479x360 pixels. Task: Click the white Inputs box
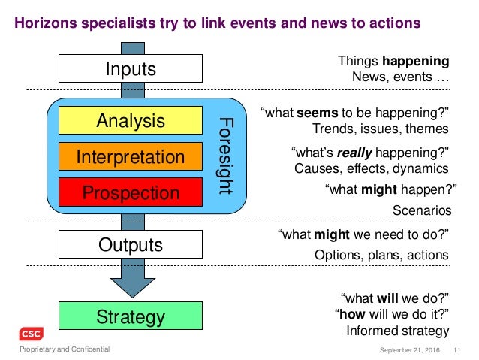131,70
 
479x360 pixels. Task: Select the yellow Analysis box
131,120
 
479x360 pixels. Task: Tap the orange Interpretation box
131,156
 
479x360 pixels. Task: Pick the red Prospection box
131,192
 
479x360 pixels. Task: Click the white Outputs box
131,244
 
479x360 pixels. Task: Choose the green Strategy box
131,316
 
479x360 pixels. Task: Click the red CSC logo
32,334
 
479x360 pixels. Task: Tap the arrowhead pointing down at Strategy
131,285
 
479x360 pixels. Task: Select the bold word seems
318,113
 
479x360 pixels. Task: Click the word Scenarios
422,211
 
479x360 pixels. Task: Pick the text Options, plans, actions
381,255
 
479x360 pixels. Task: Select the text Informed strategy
397,331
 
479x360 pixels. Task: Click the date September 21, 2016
410,349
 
